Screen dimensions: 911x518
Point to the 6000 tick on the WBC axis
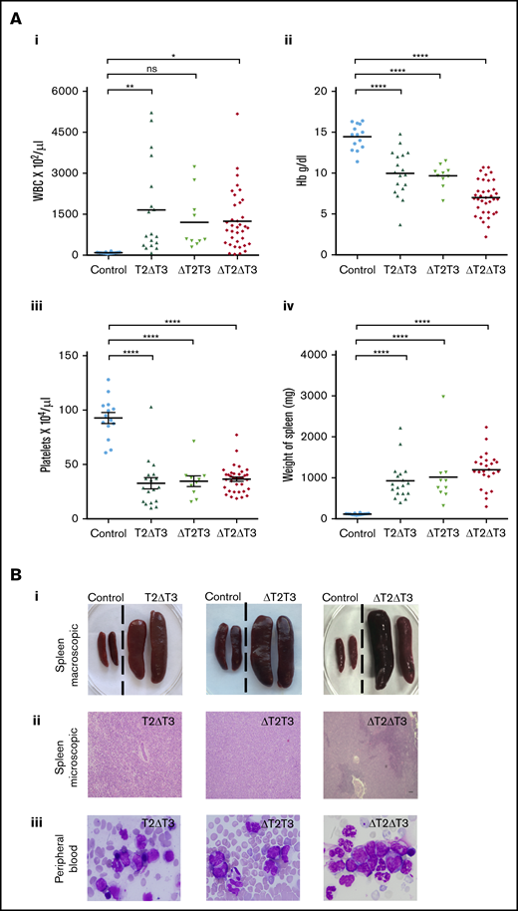pos(63,91)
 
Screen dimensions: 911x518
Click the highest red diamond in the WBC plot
pos(237,115)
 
